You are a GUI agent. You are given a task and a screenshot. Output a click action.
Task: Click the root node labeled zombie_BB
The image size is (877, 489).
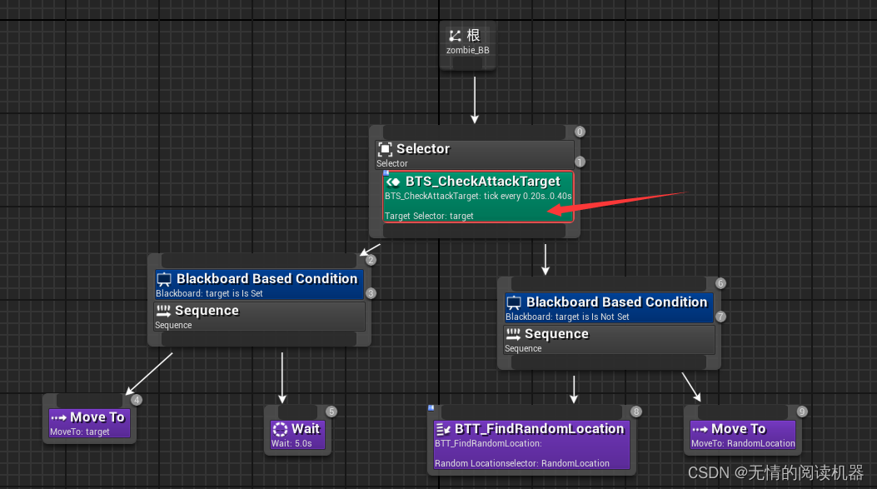pyautogui.click(x=467, y=42)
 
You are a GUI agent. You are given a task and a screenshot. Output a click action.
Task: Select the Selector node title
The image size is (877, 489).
pyautogui.click(x=423, y=149)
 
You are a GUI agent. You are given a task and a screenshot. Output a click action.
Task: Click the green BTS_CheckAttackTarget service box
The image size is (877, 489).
pyautogui.click(x=477, y=197)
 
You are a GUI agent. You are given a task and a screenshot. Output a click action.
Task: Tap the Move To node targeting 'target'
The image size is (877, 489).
pyautogui.click(x=89, y=422)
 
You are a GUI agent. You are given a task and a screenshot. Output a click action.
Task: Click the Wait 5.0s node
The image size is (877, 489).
pyautogui.click(x=296, y=434)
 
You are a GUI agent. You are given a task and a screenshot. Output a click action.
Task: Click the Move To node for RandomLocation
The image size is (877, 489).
pyautogui.click(x=743, y=434)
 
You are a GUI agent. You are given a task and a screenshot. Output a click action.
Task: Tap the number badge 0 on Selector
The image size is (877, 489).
pyautogui.click(x=580, y=132)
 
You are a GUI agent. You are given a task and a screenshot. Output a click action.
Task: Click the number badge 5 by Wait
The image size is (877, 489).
pyautogui.click(x=331, y=412)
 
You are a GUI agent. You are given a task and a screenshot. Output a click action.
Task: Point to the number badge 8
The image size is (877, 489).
pyautogui.click(x=636, y=412)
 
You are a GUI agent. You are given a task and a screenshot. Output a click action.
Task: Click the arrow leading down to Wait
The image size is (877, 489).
pyautogui.click(x=282, y=379)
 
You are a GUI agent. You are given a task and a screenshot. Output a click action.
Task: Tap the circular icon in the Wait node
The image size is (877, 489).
pyautogui.click(x=281, y=429)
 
